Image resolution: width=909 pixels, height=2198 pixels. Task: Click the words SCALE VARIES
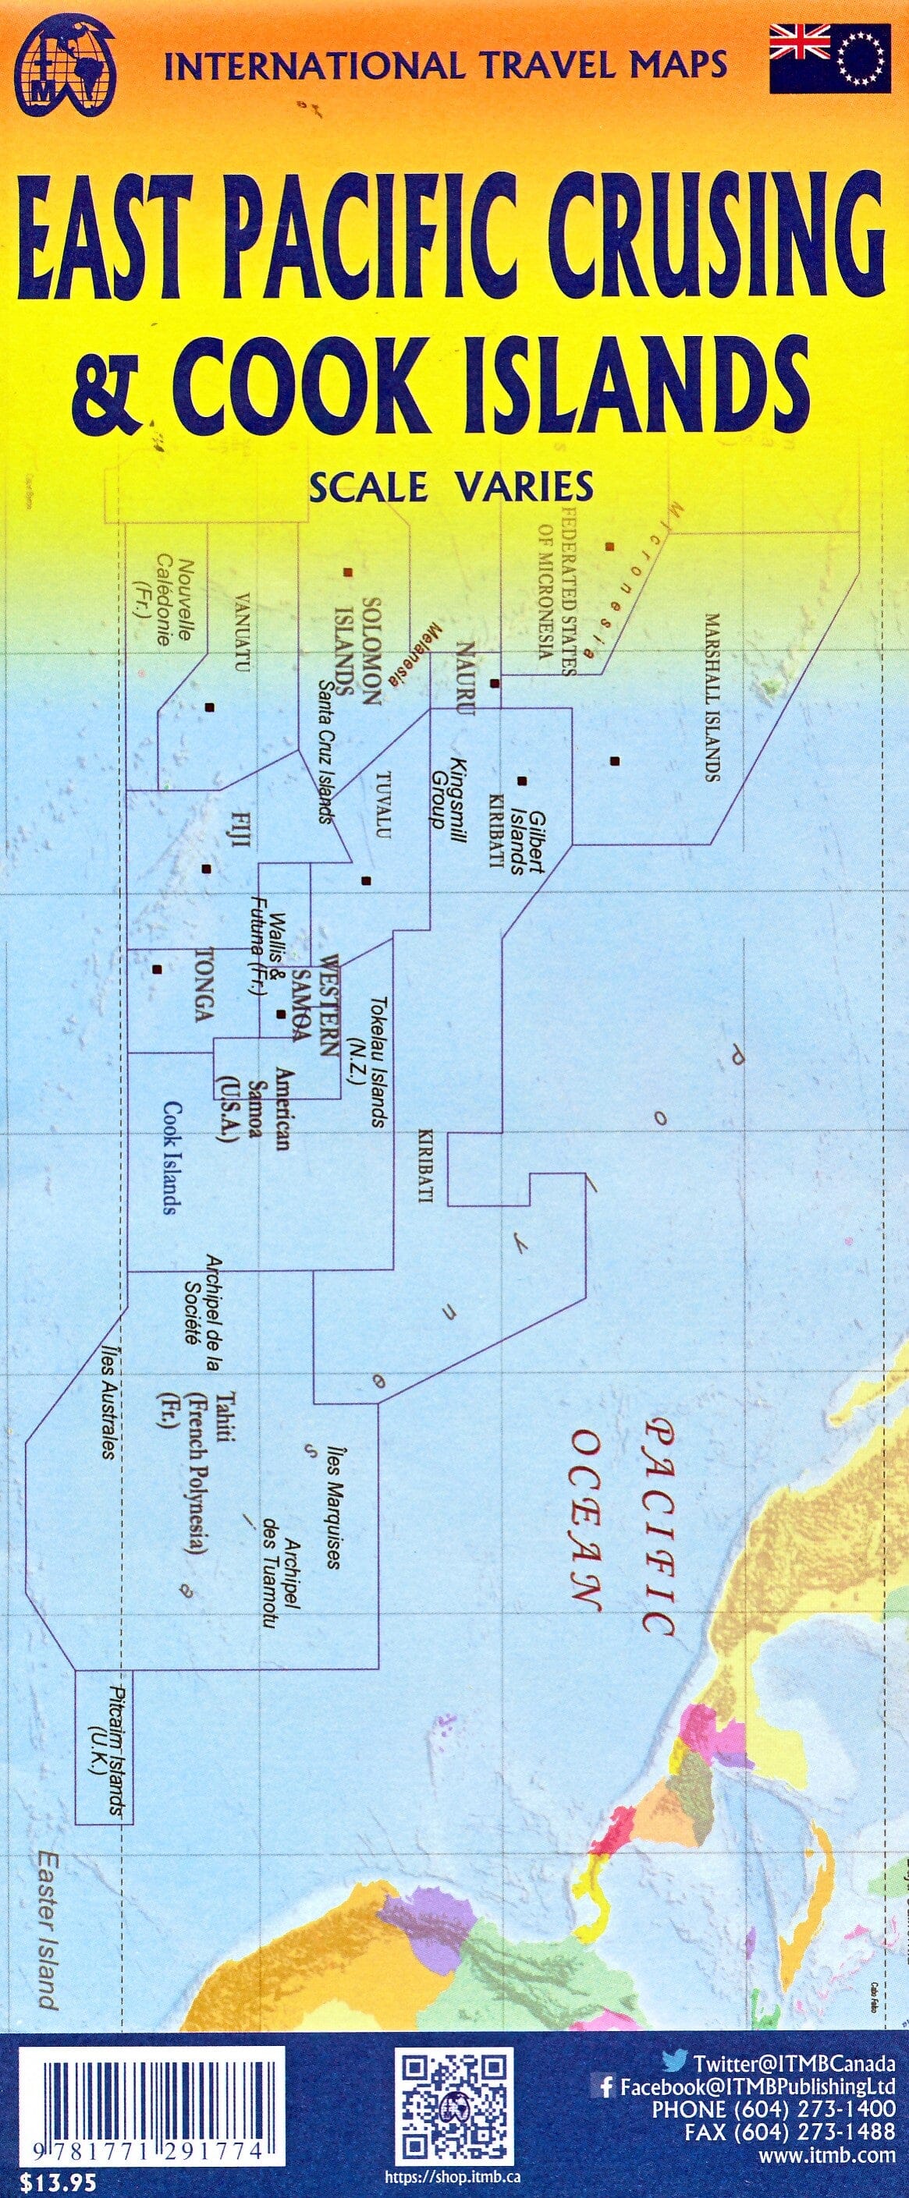tap(452, 487)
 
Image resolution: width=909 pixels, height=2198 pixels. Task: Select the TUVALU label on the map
tap(383, 807)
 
